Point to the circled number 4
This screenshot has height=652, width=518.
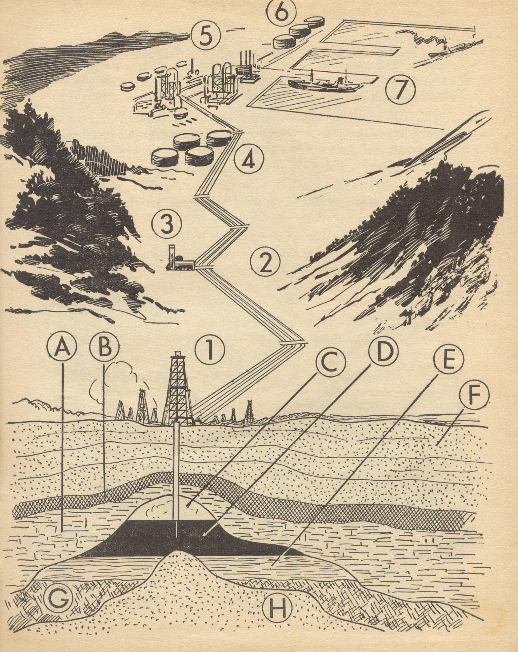coord(249,159)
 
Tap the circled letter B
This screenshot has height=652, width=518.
coord(104,350)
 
